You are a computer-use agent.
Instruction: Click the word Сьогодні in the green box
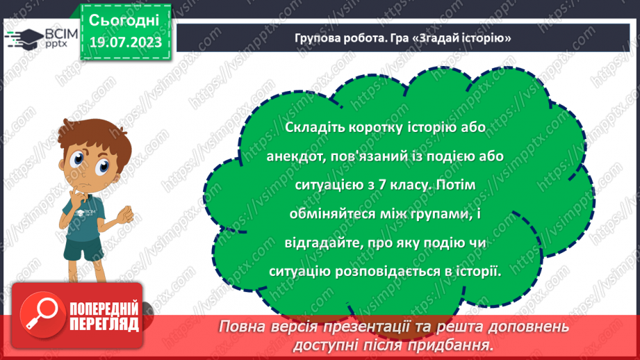click(124, 19)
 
